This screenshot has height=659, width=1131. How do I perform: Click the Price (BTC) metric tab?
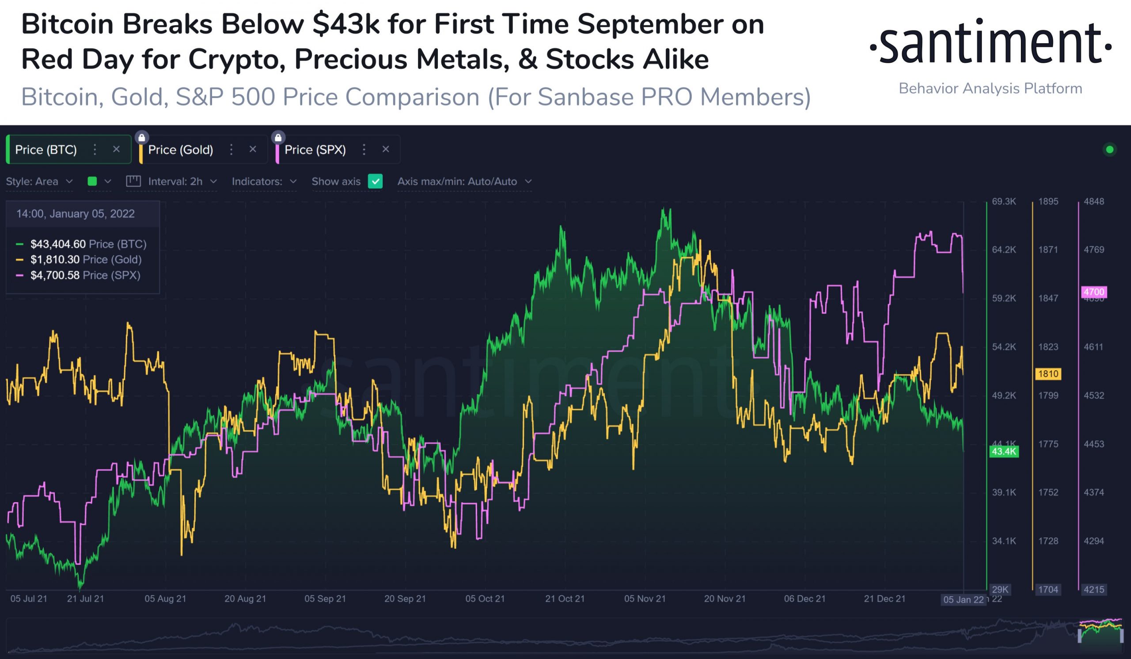tap(46, 149)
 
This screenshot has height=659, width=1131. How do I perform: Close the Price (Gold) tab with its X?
tap(253, 149)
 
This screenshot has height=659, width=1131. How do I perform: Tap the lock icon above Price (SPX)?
tap(278, 137)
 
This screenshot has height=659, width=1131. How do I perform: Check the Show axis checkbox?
tap(375, 181)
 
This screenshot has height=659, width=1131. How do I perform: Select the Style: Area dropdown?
tap(39, 181)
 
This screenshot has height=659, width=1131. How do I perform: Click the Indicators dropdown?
tap(264, 181)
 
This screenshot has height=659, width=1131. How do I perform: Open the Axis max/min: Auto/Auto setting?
tap(464, 181)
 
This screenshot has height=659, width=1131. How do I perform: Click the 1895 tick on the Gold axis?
tap(1048, 202)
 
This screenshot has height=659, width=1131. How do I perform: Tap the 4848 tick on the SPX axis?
tap(1094, 202)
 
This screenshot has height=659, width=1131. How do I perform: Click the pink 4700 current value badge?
tap(1094, 292)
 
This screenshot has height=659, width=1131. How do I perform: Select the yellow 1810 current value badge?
tap(1048, 373)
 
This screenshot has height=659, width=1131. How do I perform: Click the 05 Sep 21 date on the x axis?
tap(325, 598)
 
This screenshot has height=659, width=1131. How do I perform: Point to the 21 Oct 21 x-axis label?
tap(565, 598)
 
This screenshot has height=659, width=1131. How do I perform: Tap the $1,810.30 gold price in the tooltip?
tap(55, 259)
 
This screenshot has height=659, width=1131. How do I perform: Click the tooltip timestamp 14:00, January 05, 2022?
tap(76, 213)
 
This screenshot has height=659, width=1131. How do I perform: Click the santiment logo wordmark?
tap(990, 42)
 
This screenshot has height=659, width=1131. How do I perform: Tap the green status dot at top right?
tap(1109, 149)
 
